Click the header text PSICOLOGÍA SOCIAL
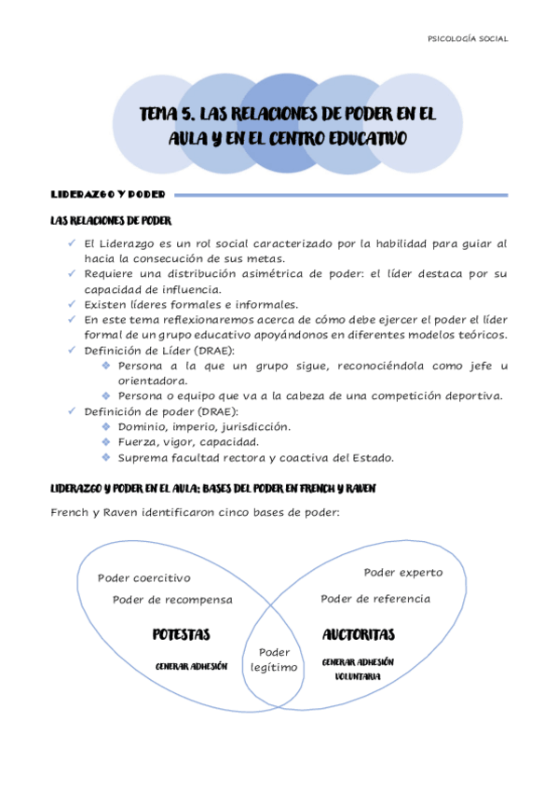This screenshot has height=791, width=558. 467,39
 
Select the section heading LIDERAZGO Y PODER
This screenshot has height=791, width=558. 107,195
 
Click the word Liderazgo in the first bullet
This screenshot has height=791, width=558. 132,243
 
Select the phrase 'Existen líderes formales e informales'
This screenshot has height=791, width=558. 191,304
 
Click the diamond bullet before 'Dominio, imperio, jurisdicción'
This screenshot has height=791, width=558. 106,425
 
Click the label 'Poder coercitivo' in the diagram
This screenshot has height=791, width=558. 144,578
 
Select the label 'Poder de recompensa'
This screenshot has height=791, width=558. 172,600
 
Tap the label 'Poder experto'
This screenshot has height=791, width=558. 403,572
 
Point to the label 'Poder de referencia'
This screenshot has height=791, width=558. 375,599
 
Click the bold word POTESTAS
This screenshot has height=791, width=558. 181,634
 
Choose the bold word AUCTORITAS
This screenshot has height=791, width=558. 359,634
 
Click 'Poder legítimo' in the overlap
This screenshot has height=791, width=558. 275,659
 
